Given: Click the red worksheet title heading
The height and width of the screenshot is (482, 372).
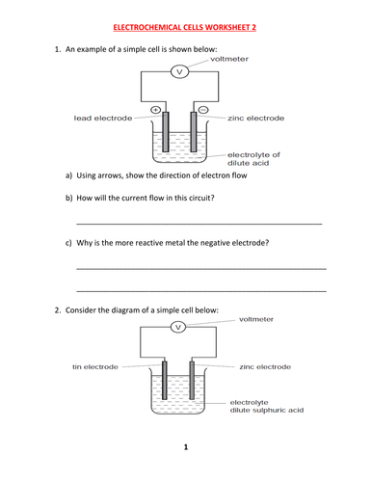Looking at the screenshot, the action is click(x=185, y=27).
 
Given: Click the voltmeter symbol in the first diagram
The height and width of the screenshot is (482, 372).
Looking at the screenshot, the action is click(x=179, y=71).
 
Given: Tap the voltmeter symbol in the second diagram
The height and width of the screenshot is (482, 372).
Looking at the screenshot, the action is click(x=178, y=327).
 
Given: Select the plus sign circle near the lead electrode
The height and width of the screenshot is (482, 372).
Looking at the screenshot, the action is click(x=155, y=110).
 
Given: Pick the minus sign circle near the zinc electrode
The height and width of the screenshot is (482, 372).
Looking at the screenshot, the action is click(x=203, y=110).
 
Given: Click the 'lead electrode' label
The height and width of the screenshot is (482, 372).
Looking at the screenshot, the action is click(x=103, y=119).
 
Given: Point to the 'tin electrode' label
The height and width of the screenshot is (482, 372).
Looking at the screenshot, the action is click(x=95, y=367).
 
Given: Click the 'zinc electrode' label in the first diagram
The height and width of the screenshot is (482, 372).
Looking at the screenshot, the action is click(x=256, y=119).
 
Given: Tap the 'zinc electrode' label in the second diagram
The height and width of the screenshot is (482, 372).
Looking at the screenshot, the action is click(x=265, y=367).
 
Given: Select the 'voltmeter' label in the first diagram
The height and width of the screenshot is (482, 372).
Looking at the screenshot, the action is click(x=229, y=59).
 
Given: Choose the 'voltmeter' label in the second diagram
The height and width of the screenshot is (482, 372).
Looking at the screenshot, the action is click(x=256, y=319).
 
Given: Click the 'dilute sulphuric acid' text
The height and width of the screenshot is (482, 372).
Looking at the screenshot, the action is click(x=267, y=411).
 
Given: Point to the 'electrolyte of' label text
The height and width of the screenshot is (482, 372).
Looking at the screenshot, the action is click(x=253, y=155).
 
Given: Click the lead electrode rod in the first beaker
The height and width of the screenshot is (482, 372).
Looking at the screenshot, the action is click(x=166, y=132).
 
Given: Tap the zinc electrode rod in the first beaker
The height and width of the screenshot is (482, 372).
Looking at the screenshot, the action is click(x=194, y=132).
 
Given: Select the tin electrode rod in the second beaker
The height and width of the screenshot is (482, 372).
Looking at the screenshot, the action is click(x=165, y=381).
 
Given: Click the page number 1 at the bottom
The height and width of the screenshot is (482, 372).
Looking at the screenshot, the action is click(x=186, y=447).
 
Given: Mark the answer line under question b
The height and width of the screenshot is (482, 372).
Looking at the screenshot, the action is click(x=199, y=224).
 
